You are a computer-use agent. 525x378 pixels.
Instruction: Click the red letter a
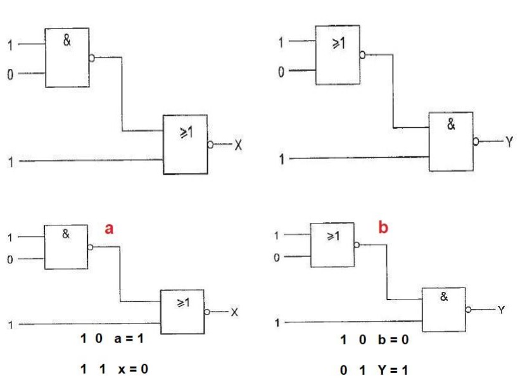108,229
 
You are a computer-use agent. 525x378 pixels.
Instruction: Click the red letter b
382,227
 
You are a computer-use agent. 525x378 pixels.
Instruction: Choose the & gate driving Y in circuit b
444,308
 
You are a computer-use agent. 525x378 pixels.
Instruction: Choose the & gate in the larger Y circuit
451,141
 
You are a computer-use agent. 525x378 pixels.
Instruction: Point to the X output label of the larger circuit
238,145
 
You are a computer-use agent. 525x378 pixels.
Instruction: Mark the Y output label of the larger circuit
507,142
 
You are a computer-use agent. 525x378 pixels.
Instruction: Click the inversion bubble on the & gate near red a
92,248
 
